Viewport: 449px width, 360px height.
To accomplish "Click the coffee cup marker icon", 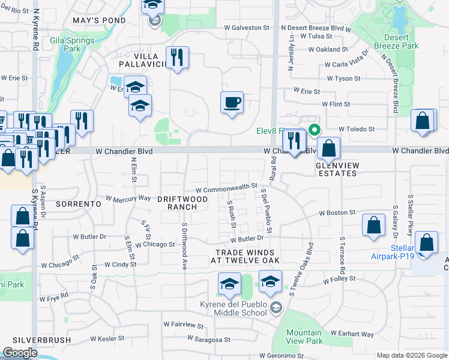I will tap(232, 103).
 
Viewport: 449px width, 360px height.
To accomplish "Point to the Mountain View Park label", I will tap(304, 337).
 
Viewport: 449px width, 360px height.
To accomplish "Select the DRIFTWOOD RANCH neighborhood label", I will tap(182, 202).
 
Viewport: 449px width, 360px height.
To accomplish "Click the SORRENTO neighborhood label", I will tap(78, 204).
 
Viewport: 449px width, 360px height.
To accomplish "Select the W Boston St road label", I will tap(337, 212).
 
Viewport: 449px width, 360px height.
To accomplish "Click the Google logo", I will tap(20, 353).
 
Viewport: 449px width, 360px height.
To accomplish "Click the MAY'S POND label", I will tap(99, 20).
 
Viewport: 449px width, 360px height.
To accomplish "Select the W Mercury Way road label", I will tap(128, 197).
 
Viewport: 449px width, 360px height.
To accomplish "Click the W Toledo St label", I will tap(356, 128).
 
